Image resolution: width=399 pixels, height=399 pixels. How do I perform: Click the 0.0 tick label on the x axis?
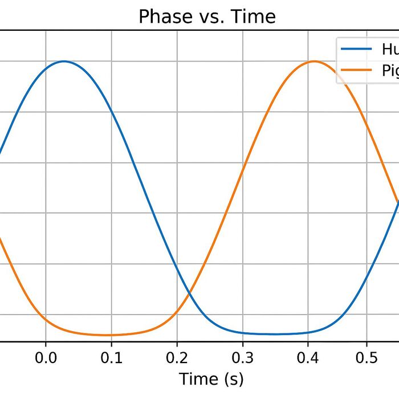[x=46, y=357]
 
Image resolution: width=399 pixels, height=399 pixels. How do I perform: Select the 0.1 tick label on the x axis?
[x=111, y=357]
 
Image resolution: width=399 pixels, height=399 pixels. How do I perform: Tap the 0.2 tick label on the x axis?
[x=177, y=357]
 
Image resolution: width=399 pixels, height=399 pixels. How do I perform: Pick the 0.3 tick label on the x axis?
[x=243, y=357]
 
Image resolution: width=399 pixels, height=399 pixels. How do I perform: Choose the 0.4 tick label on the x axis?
[x=308, y=357]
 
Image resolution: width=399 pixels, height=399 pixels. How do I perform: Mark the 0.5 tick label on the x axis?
[x=374, y=357]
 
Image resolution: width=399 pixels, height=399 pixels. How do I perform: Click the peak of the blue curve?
[x=63, y=61]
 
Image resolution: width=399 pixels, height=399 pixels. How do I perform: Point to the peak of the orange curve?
[x=313, y=61]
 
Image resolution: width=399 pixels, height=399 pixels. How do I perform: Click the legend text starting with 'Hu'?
[x=389, y=49]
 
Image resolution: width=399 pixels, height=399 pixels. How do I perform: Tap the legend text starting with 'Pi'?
[x=389, y=71]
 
